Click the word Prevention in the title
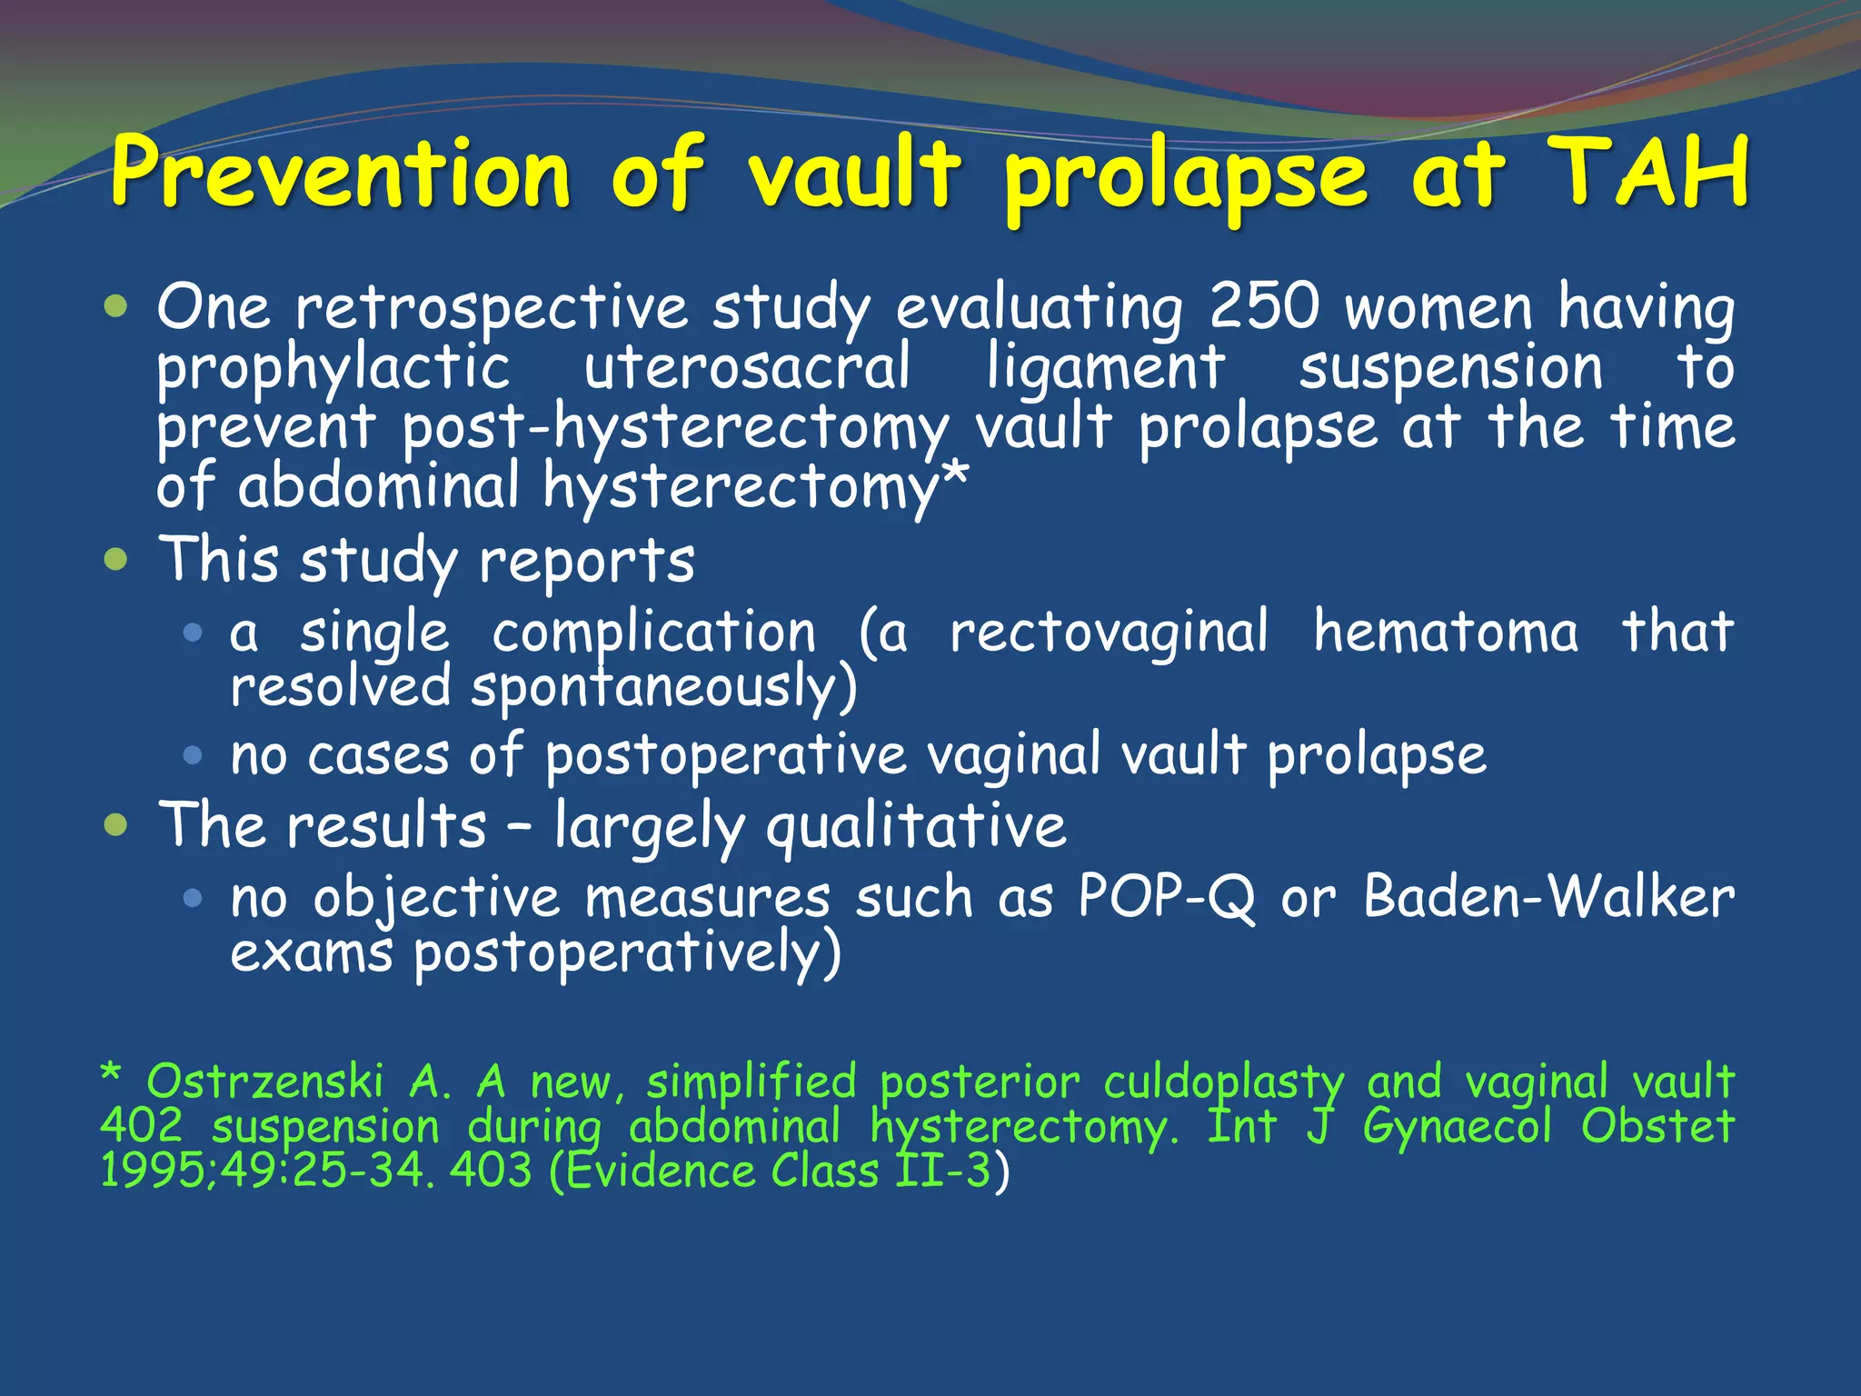point(341,173)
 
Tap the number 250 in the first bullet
point(1264,306)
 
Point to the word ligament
point(1106,368)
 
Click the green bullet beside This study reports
point(115,559)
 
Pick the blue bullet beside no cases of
point(192,754)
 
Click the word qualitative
point(916,827)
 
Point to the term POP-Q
point(1168,898)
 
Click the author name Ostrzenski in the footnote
point(265,1082)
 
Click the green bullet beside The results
point(115,825)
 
